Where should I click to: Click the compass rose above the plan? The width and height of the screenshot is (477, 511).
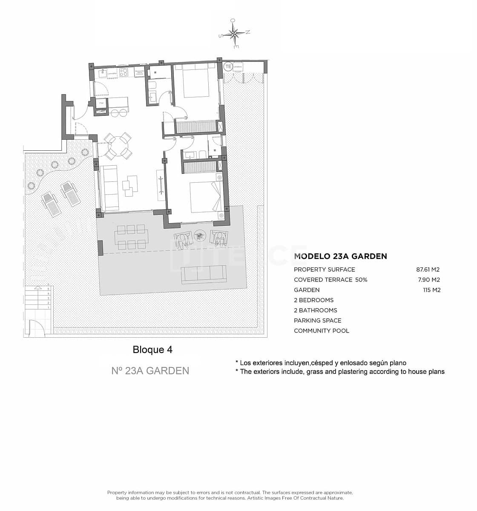tap(235, 33)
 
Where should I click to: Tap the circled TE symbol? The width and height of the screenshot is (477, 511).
tap(228, 66)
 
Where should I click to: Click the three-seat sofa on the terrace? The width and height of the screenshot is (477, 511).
tap(204, 275)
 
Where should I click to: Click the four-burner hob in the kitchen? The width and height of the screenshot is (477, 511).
tap(124, 72)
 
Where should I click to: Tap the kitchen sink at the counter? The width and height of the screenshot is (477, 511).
tap(102, 73)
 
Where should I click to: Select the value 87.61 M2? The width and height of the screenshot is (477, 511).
tap(428, 270)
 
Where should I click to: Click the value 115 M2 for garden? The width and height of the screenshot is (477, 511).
tap(432, 290)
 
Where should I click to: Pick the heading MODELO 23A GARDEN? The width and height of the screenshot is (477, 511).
tap(340, 256)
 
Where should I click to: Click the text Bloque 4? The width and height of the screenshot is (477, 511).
tap(152, 350)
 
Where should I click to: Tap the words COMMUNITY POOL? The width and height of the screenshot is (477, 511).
tap(321, 331)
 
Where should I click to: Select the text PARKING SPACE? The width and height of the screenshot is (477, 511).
tap(317, 321)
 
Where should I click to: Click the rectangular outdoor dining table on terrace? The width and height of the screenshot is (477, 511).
tap(132, 237)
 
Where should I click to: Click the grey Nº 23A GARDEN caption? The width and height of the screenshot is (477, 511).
tap(150, 371)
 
